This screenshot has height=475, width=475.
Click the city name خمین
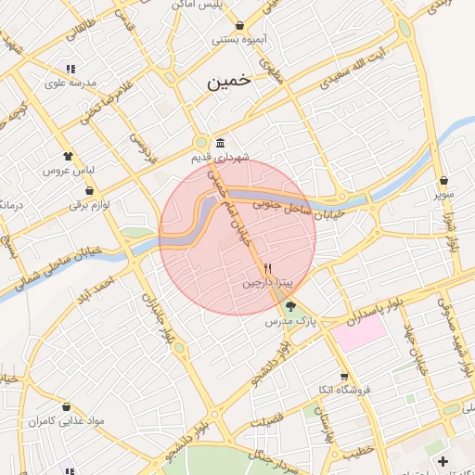click(228, 81)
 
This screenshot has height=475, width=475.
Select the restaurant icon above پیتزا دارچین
click(268, 267)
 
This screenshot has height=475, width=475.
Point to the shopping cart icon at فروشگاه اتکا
click(344, 377)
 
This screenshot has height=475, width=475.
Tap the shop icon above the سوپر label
click(444, 180)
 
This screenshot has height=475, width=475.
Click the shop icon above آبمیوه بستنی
click(240, 25)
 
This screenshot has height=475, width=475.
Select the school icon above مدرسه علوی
click(70, 68)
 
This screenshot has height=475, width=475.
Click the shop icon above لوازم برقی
click(90, 190)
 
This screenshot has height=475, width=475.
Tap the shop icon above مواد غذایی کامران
click(66, 406)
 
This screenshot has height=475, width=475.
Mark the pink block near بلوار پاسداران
click(360, 332)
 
